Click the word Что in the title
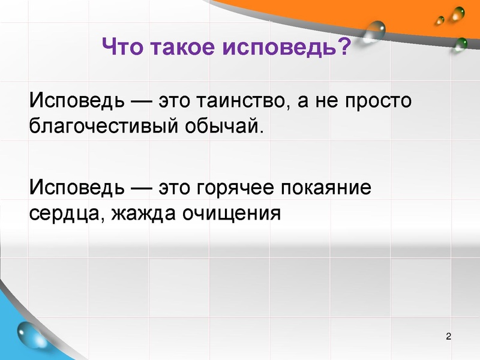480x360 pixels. (121, 46)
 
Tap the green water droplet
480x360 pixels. (461, 43)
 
